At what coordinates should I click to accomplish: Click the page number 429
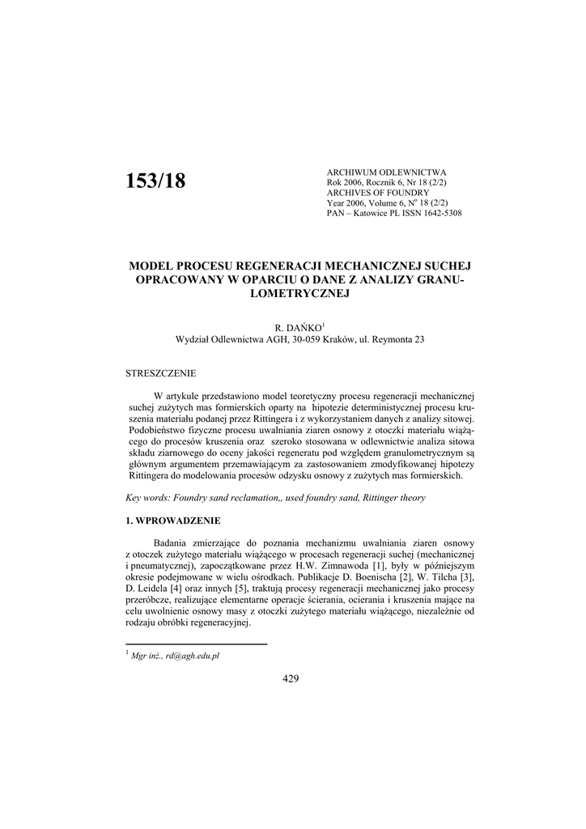point(291,678)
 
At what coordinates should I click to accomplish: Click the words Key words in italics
point(148,498)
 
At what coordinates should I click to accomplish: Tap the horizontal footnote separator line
point(196,644)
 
